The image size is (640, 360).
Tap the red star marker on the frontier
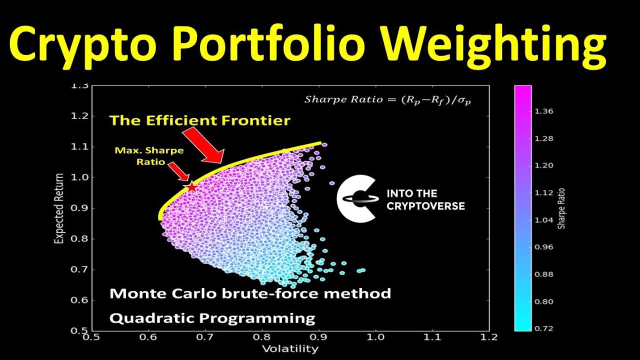(191, 187)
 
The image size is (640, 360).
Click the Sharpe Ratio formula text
(388, 99)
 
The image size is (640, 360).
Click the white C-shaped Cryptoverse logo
(356, 198)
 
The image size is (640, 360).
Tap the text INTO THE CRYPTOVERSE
(425, 199)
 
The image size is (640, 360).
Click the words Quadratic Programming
(212, 318)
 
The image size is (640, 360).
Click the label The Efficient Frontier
(199, 120)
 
